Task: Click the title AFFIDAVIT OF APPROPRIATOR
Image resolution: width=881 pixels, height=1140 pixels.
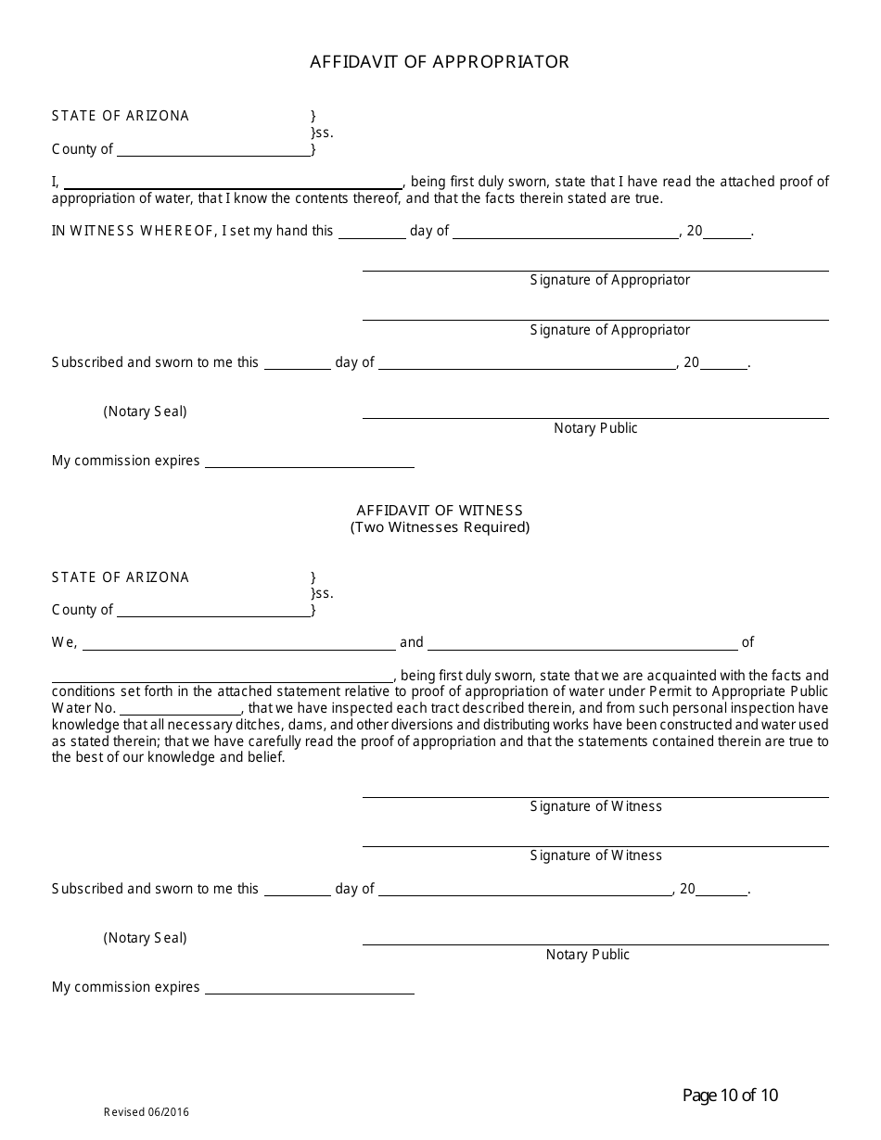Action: (440, 62)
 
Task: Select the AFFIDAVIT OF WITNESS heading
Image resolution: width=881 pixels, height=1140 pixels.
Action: (440, 511)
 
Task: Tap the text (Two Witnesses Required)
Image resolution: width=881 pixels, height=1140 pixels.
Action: (440, 527)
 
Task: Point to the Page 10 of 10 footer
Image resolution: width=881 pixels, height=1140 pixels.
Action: (730, 1096)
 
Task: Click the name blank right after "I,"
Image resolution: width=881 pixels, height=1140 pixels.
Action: (232, 183)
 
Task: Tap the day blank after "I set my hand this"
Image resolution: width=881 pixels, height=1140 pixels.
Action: (371, 233)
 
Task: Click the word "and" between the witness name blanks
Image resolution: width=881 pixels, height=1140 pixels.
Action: (411, 642)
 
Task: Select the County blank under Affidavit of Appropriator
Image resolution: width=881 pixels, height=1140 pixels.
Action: (213, 150)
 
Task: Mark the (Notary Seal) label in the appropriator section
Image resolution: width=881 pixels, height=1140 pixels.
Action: (145, 412)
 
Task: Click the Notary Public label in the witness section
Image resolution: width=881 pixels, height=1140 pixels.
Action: (587, 955)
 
